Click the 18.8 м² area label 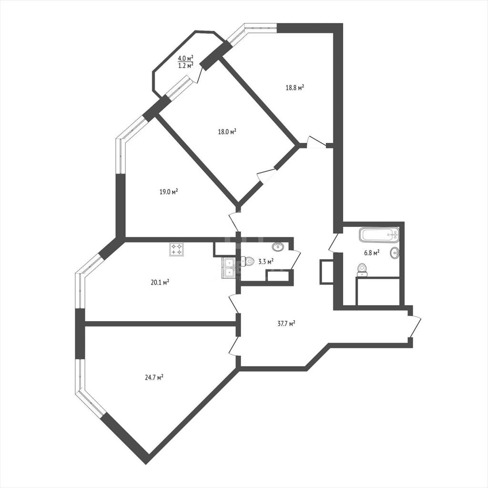[295, 88]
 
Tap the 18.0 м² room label [227, 132]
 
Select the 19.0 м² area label [169, 192]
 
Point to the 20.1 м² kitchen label [160, 282]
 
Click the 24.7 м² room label [154, 377]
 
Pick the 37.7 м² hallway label [286, 324]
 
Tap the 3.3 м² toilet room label [266, 262]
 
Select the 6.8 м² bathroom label [372, 253]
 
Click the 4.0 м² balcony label [186, 58]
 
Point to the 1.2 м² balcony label [186, 65]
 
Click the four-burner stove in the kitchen [176, 249]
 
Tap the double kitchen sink [229, 268]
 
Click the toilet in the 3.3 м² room [248, 261]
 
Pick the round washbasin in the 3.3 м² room [278, 247]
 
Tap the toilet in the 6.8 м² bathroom [362, 270]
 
